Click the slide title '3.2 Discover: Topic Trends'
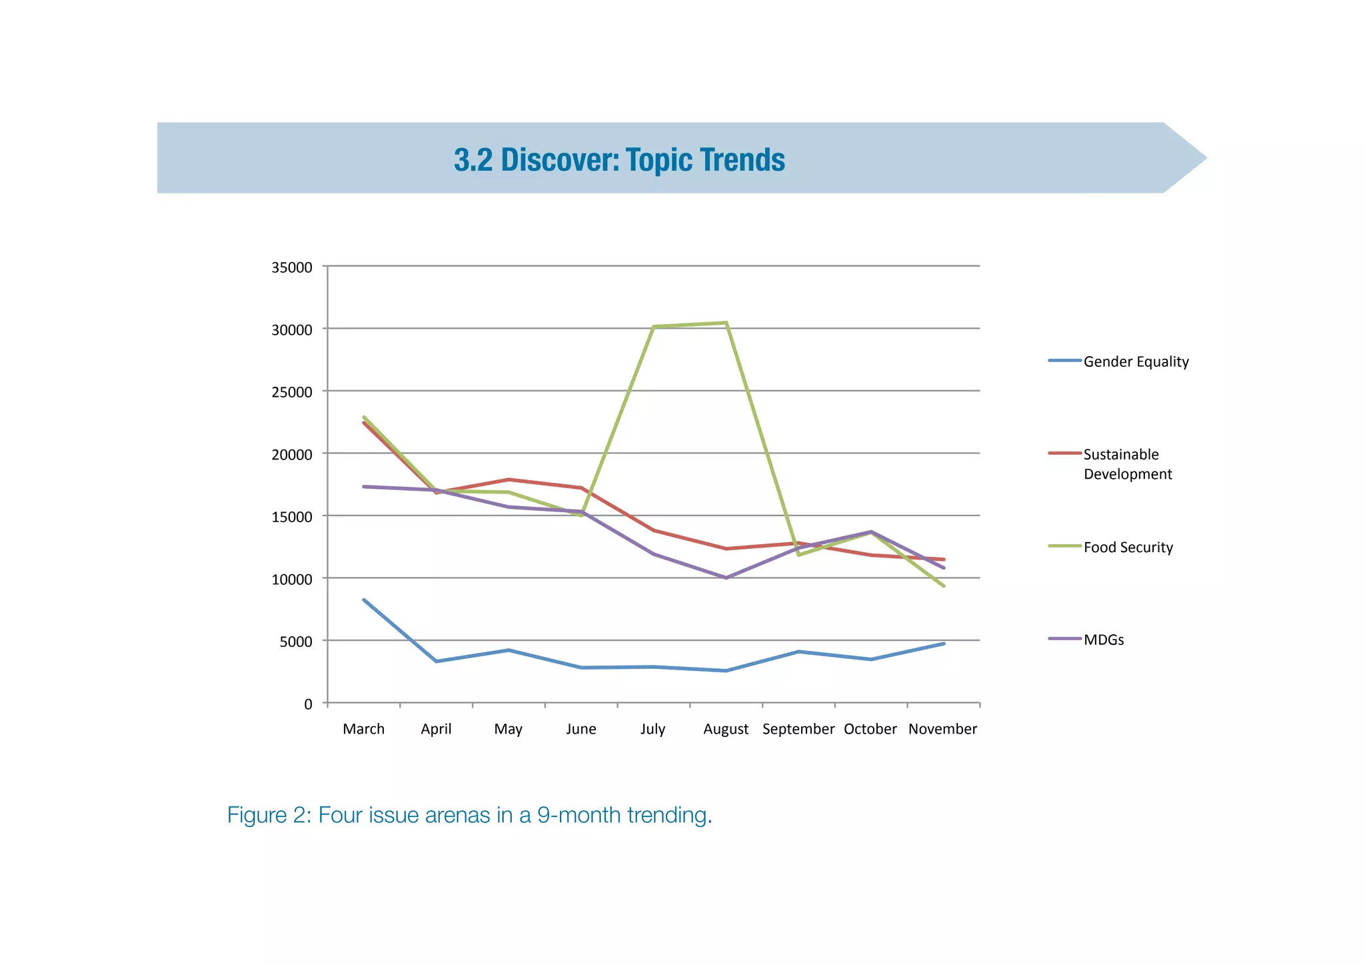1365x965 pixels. coord(619,160)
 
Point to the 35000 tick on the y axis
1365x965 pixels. coord(292,268)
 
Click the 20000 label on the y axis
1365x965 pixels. coord(292,455)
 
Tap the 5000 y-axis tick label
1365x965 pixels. coord(296,642)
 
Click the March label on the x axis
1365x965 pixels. coord(363,730)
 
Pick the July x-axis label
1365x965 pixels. coord(653,730)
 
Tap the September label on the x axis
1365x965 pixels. coord(798,730)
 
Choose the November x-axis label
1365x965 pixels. coord(942,730)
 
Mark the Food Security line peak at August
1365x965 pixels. coord(726,323)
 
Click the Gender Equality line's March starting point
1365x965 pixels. coord(364,600)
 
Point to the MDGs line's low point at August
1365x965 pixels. coord(726,578)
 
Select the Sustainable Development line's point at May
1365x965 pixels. coord(509,479)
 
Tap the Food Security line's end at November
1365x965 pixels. coord(944,586)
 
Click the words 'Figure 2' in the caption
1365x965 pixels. coord(266,815)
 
